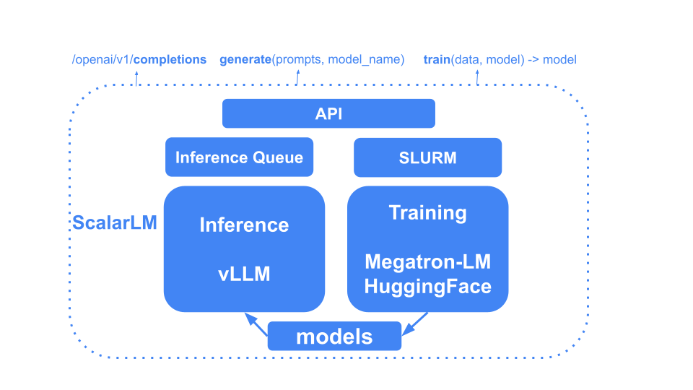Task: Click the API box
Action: point(328,114)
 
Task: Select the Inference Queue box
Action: point(239,157)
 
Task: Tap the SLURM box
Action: point(427,157)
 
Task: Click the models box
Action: point(334,337)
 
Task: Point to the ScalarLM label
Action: point(114,222)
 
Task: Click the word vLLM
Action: point(244,274)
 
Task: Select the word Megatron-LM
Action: point(427,261)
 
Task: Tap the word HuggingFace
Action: point(427,286)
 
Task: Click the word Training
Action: point(427,213)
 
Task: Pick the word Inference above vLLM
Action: point(244,225)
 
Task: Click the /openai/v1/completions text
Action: point(139,59)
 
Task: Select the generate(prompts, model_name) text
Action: point(312,59)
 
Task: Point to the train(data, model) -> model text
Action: point(500,59)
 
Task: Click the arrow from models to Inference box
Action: point(256,324)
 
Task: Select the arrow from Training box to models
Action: point(416,324)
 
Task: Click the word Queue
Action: point(279,157)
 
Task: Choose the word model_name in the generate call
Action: point(366,59)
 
